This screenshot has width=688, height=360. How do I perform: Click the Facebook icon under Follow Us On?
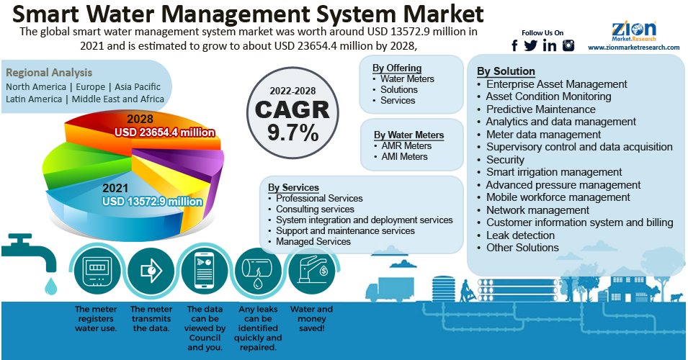pos(514,45)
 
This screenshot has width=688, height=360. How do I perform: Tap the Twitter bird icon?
pos(531,45)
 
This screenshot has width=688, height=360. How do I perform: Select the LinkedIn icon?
pos(550,45)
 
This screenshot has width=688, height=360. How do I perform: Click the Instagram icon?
pos(568,45)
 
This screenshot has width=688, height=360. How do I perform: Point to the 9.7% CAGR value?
pos(292,132)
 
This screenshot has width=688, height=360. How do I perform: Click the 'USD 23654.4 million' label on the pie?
pos(165,132)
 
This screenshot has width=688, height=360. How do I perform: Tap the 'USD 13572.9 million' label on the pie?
pos(152,202)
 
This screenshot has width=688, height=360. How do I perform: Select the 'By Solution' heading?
pos(506,71)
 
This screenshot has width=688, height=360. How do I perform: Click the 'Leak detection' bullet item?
pos(520,235)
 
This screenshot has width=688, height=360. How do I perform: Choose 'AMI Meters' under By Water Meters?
pos(404,156)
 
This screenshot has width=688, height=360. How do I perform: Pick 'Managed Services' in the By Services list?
pos(313,242)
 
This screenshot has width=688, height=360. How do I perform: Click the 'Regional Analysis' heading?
pos(49,73)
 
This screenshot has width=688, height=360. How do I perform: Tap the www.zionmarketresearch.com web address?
pos(634,48)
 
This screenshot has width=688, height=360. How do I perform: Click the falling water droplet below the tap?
pos(50,287)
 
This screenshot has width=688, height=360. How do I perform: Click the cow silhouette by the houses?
pos(676,297)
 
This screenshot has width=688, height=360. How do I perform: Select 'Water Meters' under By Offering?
pos(407,78)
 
